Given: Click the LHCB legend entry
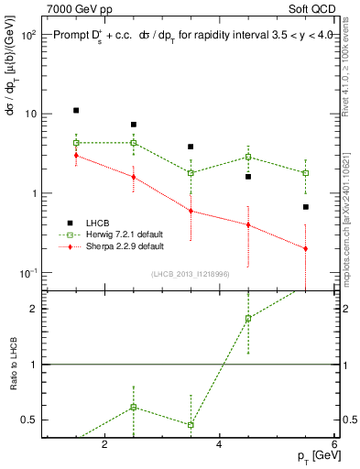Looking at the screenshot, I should click(x=94, y=223).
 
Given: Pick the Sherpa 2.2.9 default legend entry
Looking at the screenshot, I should click(x=114, y=246).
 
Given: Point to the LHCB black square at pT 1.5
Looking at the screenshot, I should click(x=76, y=111).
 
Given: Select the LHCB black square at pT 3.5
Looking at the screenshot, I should click(x=191, y=147).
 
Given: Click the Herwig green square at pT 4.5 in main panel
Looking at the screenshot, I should click(x=248, y=157).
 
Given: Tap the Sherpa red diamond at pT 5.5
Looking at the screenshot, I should click(x=306, y=248).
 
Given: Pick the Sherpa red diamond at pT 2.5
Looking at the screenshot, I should click(x=134, y=177).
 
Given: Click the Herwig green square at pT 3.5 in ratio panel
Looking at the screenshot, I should click(x=191, y=425).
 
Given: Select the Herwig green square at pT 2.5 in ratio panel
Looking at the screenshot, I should click(x=134, y=407).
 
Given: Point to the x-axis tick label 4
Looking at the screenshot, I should click(x=219, y=445).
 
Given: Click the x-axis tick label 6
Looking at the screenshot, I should click(x=334, y=445).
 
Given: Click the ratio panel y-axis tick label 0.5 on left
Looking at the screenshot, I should click(x=27, y=420).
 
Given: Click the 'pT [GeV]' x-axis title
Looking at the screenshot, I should click(x=311, y=456).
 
